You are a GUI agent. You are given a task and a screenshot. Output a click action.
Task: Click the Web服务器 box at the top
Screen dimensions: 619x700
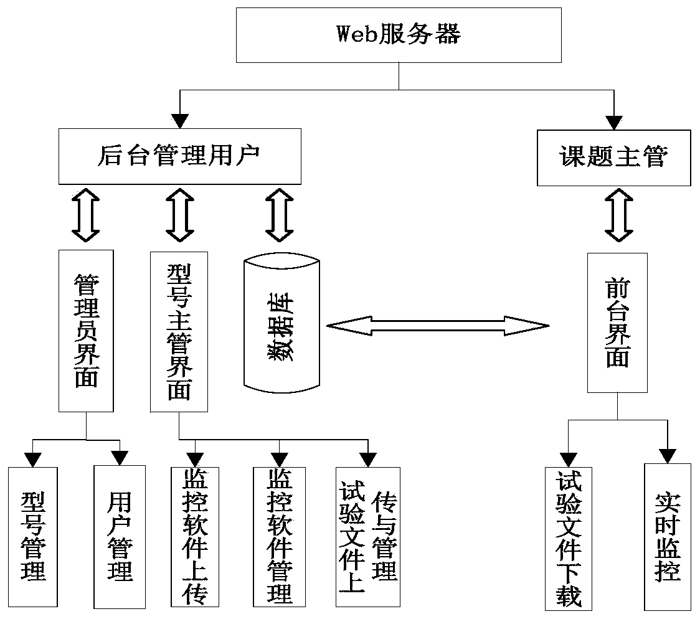pyautogui.click(x=399, y=35)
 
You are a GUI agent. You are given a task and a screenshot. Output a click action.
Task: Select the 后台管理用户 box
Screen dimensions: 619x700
pyautogui.click(x=179, y=156)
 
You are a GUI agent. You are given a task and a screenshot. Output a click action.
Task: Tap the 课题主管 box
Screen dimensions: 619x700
pyautogui.click(x=613, y=156)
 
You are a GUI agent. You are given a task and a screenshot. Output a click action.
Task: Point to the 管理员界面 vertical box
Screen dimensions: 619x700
pyautogui.click(x=87, y=331)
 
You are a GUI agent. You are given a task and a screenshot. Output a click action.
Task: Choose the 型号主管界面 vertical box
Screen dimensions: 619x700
pyautogui.click(x=179, y=331)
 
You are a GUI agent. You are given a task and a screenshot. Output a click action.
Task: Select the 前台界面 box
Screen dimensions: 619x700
pyautogui.click(x=617, y=323)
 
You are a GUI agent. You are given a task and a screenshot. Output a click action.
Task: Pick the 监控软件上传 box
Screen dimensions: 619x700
pyautogui.click(x=196, y=537)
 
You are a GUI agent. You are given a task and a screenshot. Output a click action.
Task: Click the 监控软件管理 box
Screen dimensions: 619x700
pyautogui.click(x=280, y=537)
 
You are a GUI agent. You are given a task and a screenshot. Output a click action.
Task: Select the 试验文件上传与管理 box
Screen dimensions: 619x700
pyautogui.click(x=367, y=537)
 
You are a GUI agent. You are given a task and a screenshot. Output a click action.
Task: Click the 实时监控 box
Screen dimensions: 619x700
pyautogui.click(x=668, y=537)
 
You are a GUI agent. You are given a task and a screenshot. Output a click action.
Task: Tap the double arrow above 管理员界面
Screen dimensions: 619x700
pyautogui.click(x=87, y=215)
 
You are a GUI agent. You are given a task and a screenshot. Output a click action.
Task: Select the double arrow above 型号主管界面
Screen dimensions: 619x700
pyautogui.click(x=180, y=215)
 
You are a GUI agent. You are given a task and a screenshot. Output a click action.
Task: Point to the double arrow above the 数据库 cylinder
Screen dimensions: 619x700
pyautogui.click(x=278, y=215)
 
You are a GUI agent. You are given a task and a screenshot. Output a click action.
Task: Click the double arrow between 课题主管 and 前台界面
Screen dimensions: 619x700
pyautogui.click(x=617, y=215)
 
